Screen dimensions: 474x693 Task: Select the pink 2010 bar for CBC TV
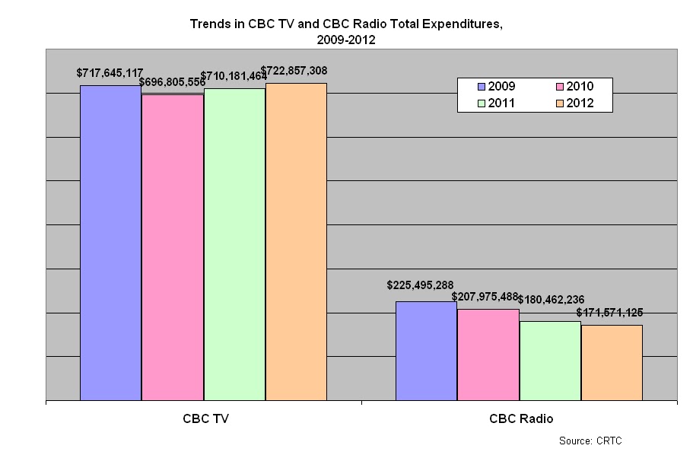172,247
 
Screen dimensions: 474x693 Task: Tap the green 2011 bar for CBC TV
234,243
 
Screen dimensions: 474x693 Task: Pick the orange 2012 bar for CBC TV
296,241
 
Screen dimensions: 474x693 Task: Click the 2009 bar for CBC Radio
426,350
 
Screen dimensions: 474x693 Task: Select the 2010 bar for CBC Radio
488,354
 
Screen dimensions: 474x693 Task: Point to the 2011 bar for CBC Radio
550,360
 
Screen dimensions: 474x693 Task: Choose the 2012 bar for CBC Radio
612,362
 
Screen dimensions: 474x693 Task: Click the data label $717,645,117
110,73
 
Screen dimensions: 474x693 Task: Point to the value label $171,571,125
609,312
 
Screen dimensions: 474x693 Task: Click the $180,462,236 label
551,300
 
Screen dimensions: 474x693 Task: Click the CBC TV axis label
203,418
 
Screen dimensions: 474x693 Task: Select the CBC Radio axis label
521,418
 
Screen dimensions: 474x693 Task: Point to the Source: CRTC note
590,441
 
